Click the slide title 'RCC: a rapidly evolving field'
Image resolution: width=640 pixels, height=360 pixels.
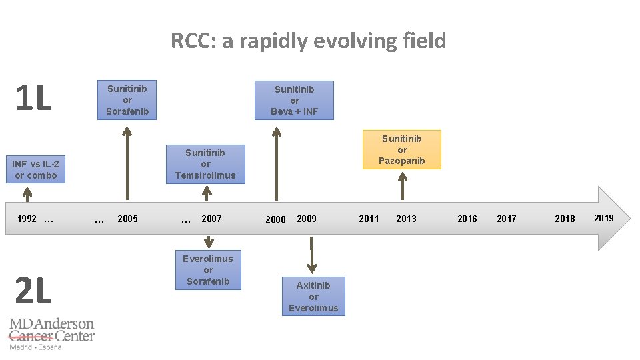click(x=308, y=41)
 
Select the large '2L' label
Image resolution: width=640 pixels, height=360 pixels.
click(x=33, y=291)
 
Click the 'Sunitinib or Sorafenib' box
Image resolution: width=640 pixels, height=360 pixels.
click(x=127, y=100)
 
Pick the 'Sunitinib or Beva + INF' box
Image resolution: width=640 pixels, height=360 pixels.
click(x=294, y=101)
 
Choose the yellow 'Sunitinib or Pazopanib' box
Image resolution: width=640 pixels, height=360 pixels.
click(x=401, y=149)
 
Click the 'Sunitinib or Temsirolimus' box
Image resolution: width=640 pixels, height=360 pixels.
click(x=205, y=164)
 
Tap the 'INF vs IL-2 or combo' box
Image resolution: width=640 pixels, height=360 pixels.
click(x=36, y=169)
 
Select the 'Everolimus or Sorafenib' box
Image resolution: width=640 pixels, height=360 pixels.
click(x=208, y=270)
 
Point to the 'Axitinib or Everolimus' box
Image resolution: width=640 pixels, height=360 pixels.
click(x=313, y=296)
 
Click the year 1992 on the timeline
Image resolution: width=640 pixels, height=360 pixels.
click(x=27, y=219)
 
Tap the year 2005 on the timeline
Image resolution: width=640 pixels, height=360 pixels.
click(x=127, y=219)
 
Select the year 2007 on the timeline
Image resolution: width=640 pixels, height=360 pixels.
click(x=211, y=219)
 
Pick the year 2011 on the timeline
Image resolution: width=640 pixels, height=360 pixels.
click(x=369, y=219)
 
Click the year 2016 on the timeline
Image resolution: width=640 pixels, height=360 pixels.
click(x=467, y=219)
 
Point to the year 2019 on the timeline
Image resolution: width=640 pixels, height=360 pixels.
click(x=604, y=218)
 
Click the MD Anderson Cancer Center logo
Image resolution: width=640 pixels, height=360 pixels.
click(x=51, y=333)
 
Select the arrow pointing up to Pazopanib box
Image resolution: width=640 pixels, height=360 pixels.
click(x=402, y=185)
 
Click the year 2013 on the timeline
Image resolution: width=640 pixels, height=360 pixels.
click(x=406, y=219)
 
